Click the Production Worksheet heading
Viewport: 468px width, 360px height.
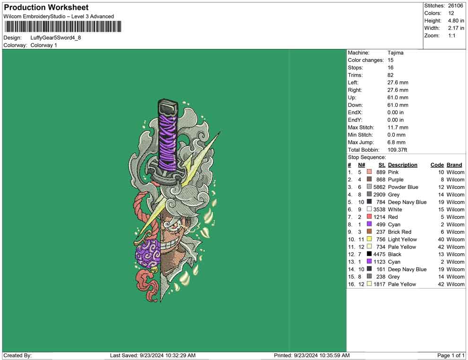(x=46, y=8)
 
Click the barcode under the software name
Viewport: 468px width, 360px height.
(x=63, y=26)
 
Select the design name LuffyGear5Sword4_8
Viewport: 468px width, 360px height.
(x=55, y=38)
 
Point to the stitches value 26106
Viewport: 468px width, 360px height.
(x=455, y=6)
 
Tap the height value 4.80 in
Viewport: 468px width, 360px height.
(x=456, y=21)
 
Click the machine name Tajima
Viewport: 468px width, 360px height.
(x=396, y=53)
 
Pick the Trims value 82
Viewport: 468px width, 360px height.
(x=390, y=75)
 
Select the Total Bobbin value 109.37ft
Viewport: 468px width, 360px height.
(x=397, y=150)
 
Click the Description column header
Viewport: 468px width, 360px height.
(x=403, y=165)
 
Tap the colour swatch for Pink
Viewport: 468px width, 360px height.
(x=369, y=172)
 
